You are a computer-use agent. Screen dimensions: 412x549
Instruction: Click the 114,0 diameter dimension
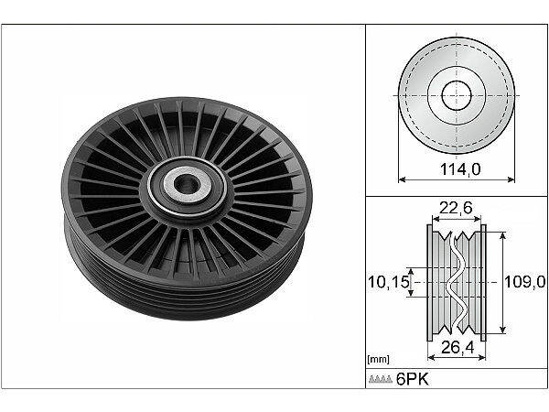coord(455,169)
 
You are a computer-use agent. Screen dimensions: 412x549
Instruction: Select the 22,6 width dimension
coord(455,209)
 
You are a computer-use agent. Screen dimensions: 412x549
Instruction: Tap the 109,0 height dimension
coord(525,282)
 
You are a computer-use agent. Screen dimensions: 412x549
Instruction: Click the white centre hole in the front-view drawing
coord(455,94)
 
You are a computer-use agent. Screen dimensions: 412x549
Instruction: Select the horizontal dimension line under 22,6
coord(455,221)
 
